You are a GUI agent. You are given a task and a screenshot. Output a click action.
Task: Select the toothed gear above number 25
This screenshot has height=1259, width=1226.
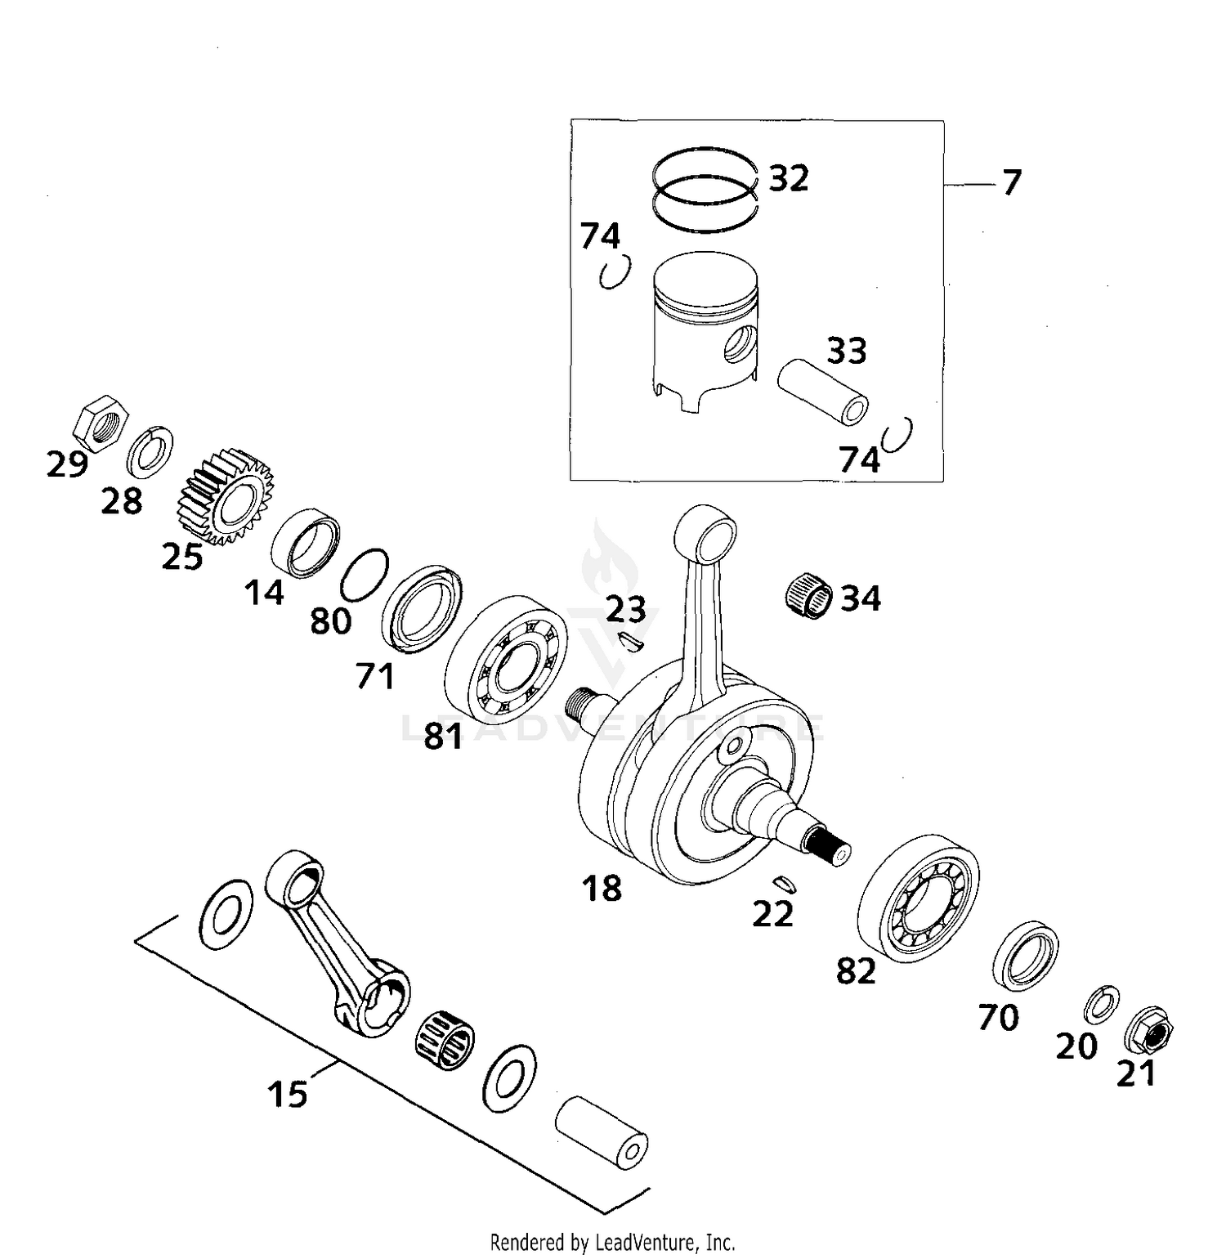coord(225,495)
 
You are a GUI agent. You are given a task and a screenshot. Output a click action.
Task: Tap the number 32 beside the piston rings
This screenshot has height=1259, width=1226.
coord(789,178)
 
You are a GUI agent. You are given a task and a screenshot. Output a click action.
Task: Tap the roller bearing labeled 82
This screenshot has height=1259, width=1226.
coord(918,898)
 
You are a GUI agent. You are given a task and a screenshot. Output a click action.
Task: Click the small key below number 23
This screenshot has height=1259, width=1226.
coord(632,643)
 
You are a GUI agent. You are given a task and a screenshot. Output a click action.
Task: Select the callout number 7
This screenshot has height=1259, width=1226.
coord(1012,182)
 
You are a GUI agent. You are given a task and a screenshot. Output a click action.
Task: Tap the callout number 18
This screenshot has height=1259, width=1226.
coord(602,888)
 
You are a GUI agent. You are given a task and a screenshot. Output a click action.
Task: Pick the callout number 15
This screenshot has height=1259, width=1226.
coord(288,1094)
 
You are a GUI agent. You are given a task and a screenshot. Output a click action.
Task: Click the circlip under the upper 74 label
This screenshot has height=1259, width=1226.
coord(613,274)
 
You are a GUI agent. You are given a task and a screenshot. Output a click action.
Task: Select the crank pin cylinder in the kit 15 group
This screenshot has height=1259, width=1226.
coord(602,1133)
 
